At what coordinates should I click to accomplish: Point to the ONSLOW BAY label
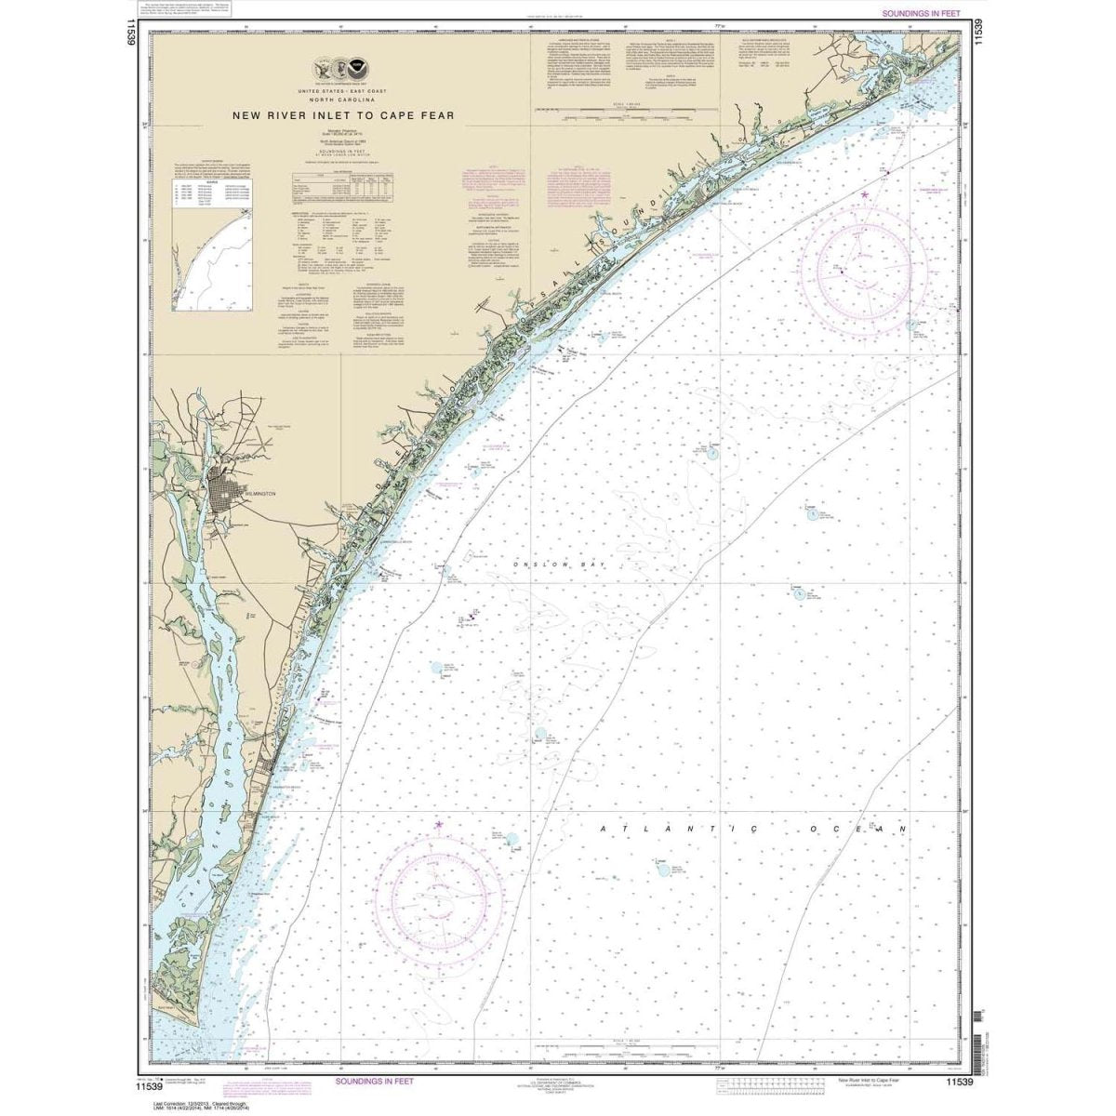pyautogui.click(x=535, y=565)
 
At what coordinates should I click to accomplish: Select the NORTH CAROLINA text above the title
pyautogui.click(x=337, y=100)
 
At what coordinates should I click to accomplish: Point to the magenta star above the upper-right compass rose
pyautogui.click(x=865, y=193)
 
